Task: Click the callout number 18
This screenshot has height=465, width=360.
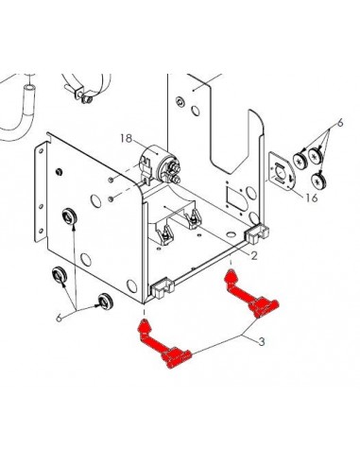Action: pyautogui.click(x=127, y=138)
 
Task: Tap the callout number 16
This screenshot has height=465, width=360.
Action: pyautogui.click(x=311, y=198)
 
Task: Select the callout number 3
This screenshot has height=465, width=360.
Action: pyautogui.click(x=262, y=341)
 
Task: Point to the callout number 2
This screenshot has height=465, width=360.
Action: pyautogui.click(x=254, y=255)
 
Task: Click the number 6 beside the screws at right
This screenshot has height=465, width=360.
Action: pyautogui.click(x=339, y=123)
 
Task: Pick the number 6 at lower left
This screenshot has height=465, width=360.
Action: pyautogui.click(x=59, y=318)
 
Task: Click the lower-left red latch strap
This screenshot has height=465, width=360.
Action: pyautogui.click(x=163, y=344)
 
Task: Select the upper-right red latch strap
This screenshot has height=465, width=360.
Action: pyautogui.click(x=251, y=293)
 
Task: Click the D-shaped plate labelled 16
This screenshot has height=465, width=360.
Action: pyautogui.click(x=281, y=172)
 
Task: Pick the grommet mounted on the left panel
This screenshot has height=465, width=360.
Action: pyautogui.click(x=69, y=215)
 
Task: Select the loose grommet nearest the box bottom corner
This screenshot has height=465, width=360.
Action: pyautogui.click(x=105, y=301)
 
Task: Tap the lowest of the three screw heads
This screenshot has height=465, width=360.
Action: pyautogui.click(x=318, y=181)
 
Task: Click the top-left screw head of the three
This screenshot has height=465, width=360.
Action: pyautogui.click(x=300, y=160)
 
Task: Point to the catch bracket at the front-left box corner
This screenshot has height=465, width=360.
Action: pyautogui.click(x=163, y=288)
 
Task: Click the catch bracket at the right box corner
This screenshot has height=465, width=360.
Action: pyautogui.click(x=257, y=233)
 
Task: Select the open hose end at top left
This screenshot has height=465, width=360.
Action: pyautogui.click(x=30, y=87)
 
